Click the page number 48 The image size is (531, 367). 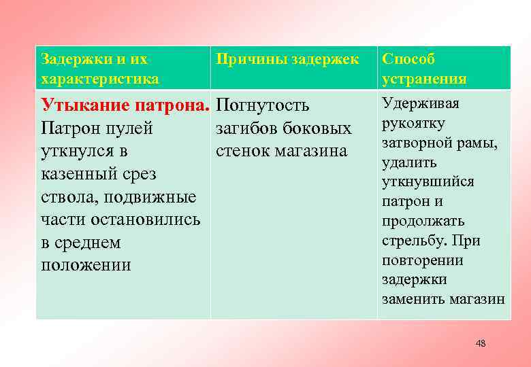[481, 344]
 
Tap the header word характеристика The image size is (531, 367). [100, 79]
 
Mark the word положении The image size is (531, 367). [86, 265]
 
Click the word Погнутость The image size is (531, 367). [262, 106]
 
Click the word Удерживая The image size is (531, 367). [421, 103]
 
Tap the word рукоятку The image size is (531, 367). [413, 123]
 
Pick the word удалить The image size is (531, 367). [409, 162]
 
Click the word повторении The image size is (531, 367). [422, 260]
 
